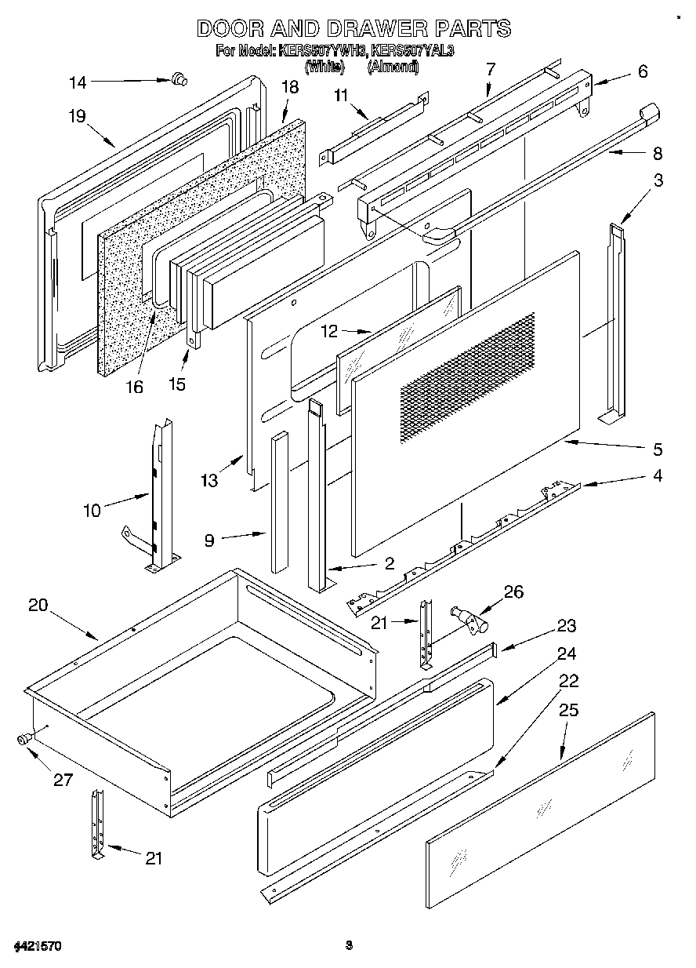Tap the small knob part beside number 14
(179, 77)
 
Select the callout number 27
(63, 780)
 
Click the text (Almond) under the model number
(393, 68)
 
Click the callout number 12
(328, 331)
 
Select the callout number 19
(76, 117)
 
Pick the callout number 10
(92, 510)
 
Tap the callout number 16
(135, 387)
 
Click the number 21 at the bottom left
(154, 857)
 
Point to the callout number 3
(658, 180)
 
